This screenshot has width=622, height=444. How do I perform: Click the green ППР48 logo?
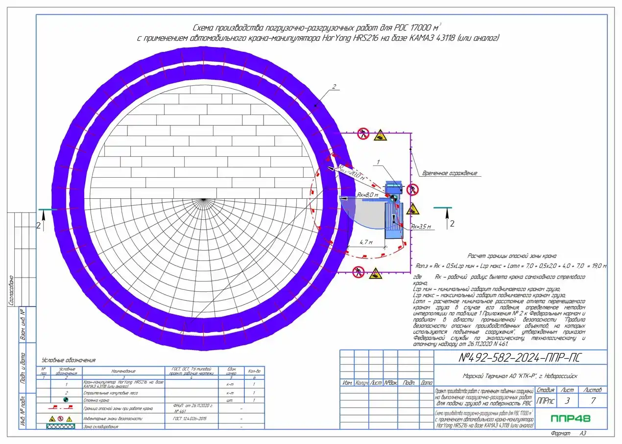click(570, 419)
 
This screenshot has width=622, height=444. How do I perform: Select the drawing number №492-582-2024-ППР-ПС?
click(520, 357)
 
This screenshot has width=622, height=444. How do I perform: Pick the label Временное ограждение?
click(449, 173)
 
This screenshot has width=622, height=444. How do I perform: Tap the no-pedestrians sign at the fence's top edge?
click(363, 132)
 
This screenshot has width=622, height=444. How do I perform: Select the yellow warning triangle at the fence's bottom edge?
click(375, 272)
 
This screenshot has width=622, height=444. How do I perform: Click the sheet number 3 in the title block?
click(567, 401)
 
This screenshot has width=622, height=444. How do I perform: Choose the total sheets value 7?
click(593, 401)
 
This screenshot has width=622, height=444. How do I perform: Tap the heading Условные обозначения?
click(69, 360)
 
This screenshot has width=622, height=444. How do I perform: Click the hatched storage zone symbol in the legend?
click(60, 426)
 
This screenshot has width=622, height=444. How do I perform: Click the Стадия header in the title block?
click(545, 390)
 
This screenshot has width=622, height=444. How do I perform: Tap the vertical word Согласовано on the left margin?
click(11, 291)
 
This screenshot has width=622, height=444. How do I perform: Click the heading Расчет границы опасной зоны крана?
click(512, 256)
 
